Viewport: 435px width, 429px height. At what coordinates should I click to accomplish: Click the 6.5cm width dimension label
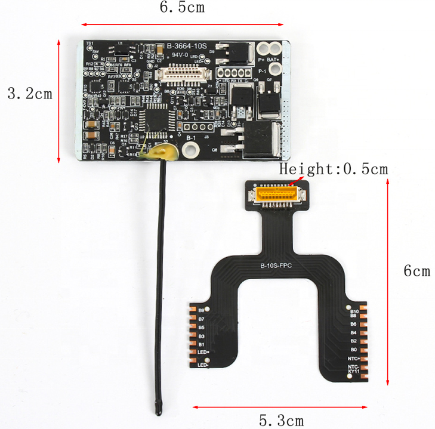(181, 8)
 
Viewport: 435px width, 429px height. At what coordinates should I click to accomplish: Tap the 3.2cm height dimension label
(29, 94)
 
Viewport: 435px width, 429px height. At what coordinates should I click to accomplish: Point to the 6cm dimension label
(417, 271)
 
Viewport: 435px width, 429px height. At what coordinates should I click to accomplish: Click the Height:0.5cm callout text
(334, 169)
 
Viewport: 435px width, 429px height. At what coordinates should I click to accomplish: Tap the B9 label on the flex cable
(201, 310)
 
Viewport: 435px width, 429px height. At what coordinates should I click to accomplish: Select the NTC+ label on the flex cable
(353, 358)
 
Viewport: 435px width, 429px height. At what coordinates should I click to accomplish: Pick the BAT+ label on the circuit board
(274, 60)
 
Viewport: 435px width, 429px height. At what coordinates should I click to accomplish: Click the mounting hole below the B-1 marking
(191, 150)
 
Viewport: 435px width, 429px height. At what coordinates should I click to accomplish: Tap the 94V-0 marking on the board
(181, 54)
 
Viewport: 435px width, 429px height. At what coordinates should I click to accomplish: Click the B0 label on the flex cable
(353, 349)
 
